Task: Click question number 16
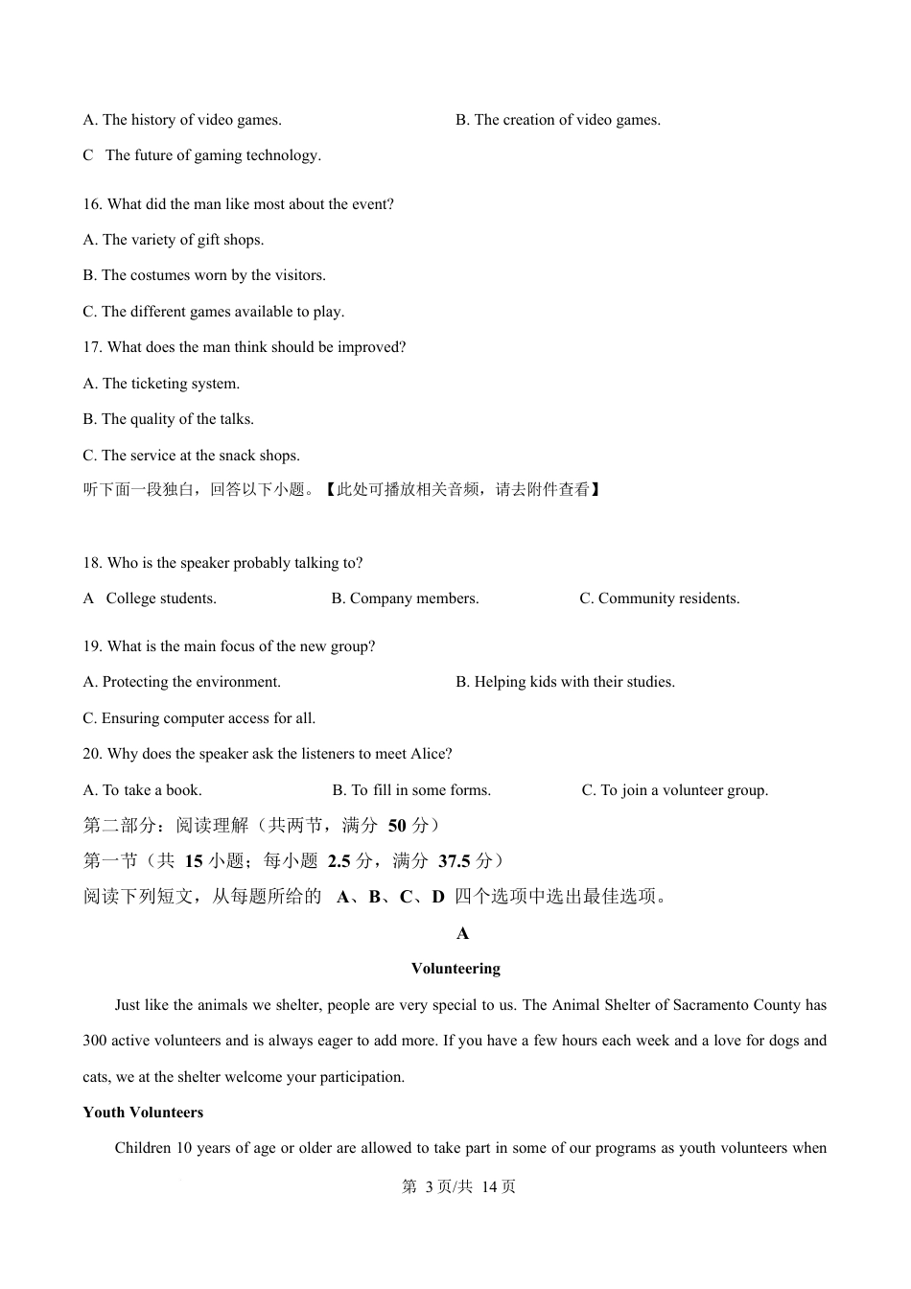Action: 92,204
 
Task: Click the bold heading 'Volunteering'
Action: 455,969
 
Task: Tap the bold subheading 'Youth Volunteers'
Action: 143,1113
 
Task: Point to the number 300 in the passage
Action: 95,1041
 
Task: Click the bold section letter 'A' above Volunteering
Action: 462,933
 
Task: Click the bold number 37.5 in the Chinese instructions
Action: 454,861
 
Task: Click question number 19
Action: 92,646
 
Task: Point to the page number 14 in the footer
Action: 487,1187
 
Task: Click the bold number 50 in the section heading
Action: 397,826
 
